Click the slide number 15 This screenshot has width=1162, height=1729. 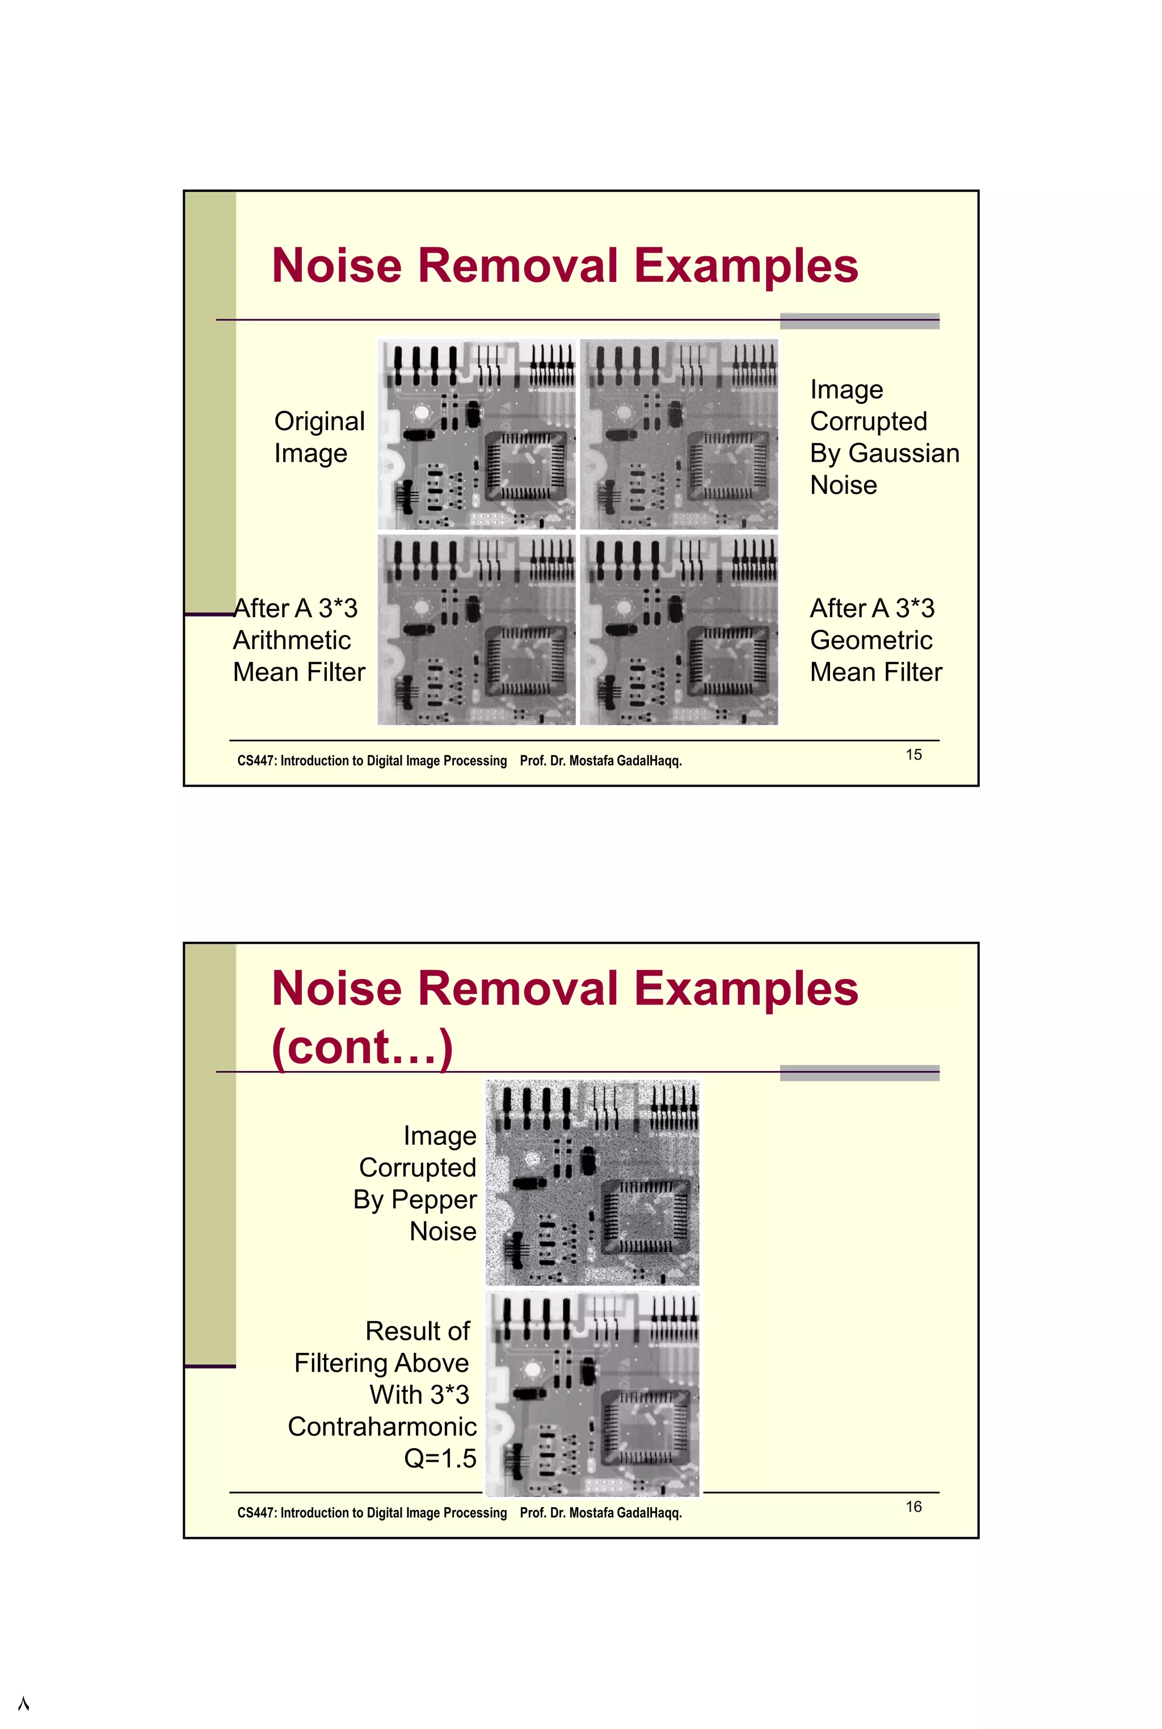[x=913, y=755]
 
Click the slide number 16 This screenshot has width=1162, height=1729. [x=913, y=1507]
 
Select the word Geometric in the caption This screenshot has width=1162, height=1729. [x=871, y=640]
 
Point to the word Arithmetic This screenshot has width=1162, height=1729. [x=292, y=640]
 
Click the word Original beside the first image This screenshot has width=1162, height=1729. [x=319, y=421]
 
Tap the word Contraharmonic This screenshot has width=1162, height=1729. [x=382, y=1427]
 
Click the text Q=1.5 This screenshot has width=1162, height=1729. [x=440, y=1458]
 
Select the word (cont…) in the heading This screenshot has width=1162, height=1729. [x=361, y=1046]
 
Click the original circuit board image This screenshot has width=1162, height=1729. [x=476, y=434]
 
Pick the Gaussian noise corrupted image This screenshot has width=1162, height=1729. [x=679, y=434]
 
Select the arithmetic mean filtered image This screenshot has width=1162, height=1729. [x=476, y=630]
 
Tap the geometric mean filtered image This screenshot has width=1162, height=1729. [x=679, y=630]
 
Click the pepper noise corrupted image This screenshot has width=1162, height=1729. [x=591, y=1182]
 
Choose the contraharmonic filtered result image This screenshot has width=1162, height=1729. [x=591, y=1393]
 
